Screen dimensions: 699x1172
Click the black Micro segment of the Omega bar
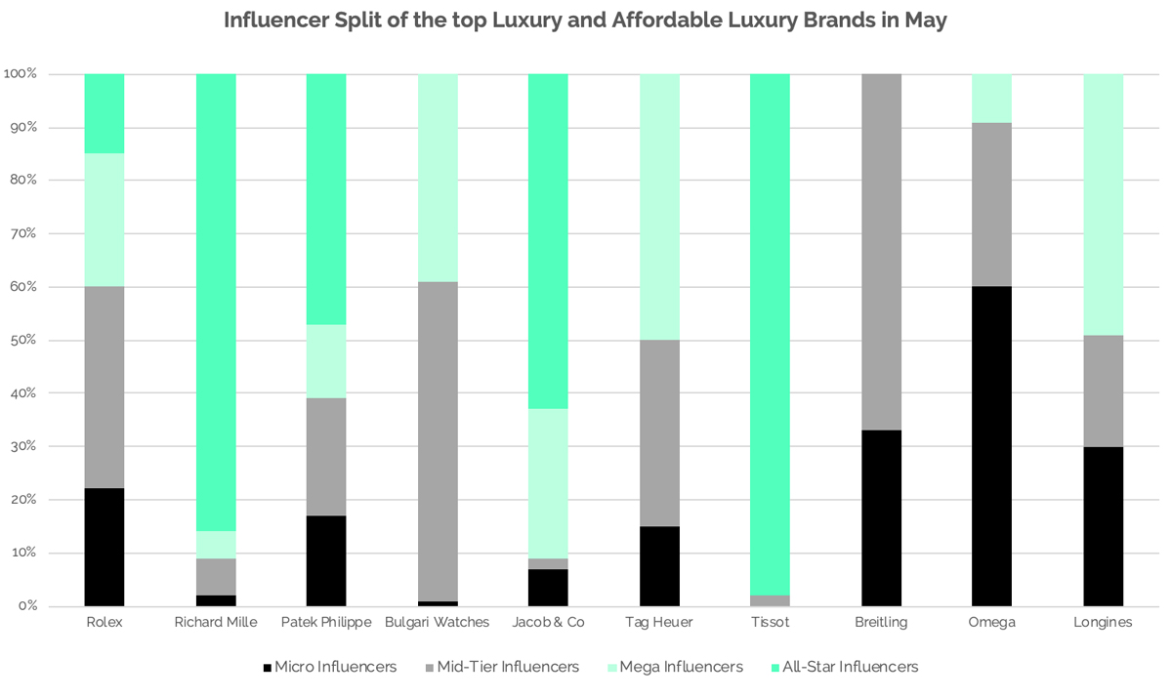991,446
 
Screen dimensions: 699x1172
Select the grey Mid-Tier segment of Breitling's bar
881,252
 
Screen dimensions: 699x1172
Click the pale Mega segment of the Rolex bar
104,220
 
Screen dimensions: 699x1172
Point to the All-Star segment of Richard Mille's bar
215,302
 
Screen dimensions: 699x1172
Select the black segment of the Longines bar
1103,526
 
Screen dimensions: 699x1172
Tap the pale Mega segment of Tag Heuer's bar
659,207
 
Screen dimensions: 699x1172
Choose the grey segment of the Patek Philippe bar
326,457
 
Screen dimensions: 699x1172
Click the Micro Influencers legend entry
329,667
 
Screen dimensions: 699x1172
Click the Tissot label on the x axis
770,622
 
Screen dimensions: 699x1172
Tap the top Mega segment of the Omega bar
991,98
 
